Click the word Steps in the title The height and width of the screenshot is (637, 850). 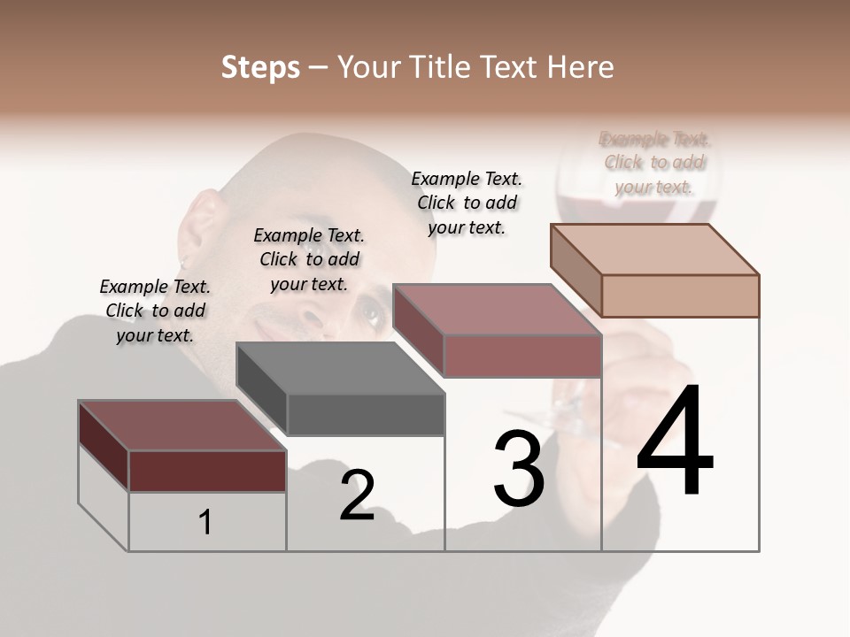click(260, 67)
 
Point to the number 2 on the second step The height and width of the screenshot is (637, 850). click(357, 495)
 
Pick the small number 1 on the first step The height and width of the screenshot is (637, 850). click(205, 522)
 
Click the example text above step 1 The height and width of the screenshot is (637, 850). click(155, 311)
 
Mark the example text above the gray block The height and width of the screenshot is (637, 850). click(309, 259)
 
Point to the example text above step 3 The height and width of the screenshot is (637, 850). click(467, 203)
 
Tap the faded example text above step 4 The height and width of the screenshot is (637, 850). click(654, 163)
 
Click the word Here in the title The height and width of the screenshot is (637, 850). click(583, 67)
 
